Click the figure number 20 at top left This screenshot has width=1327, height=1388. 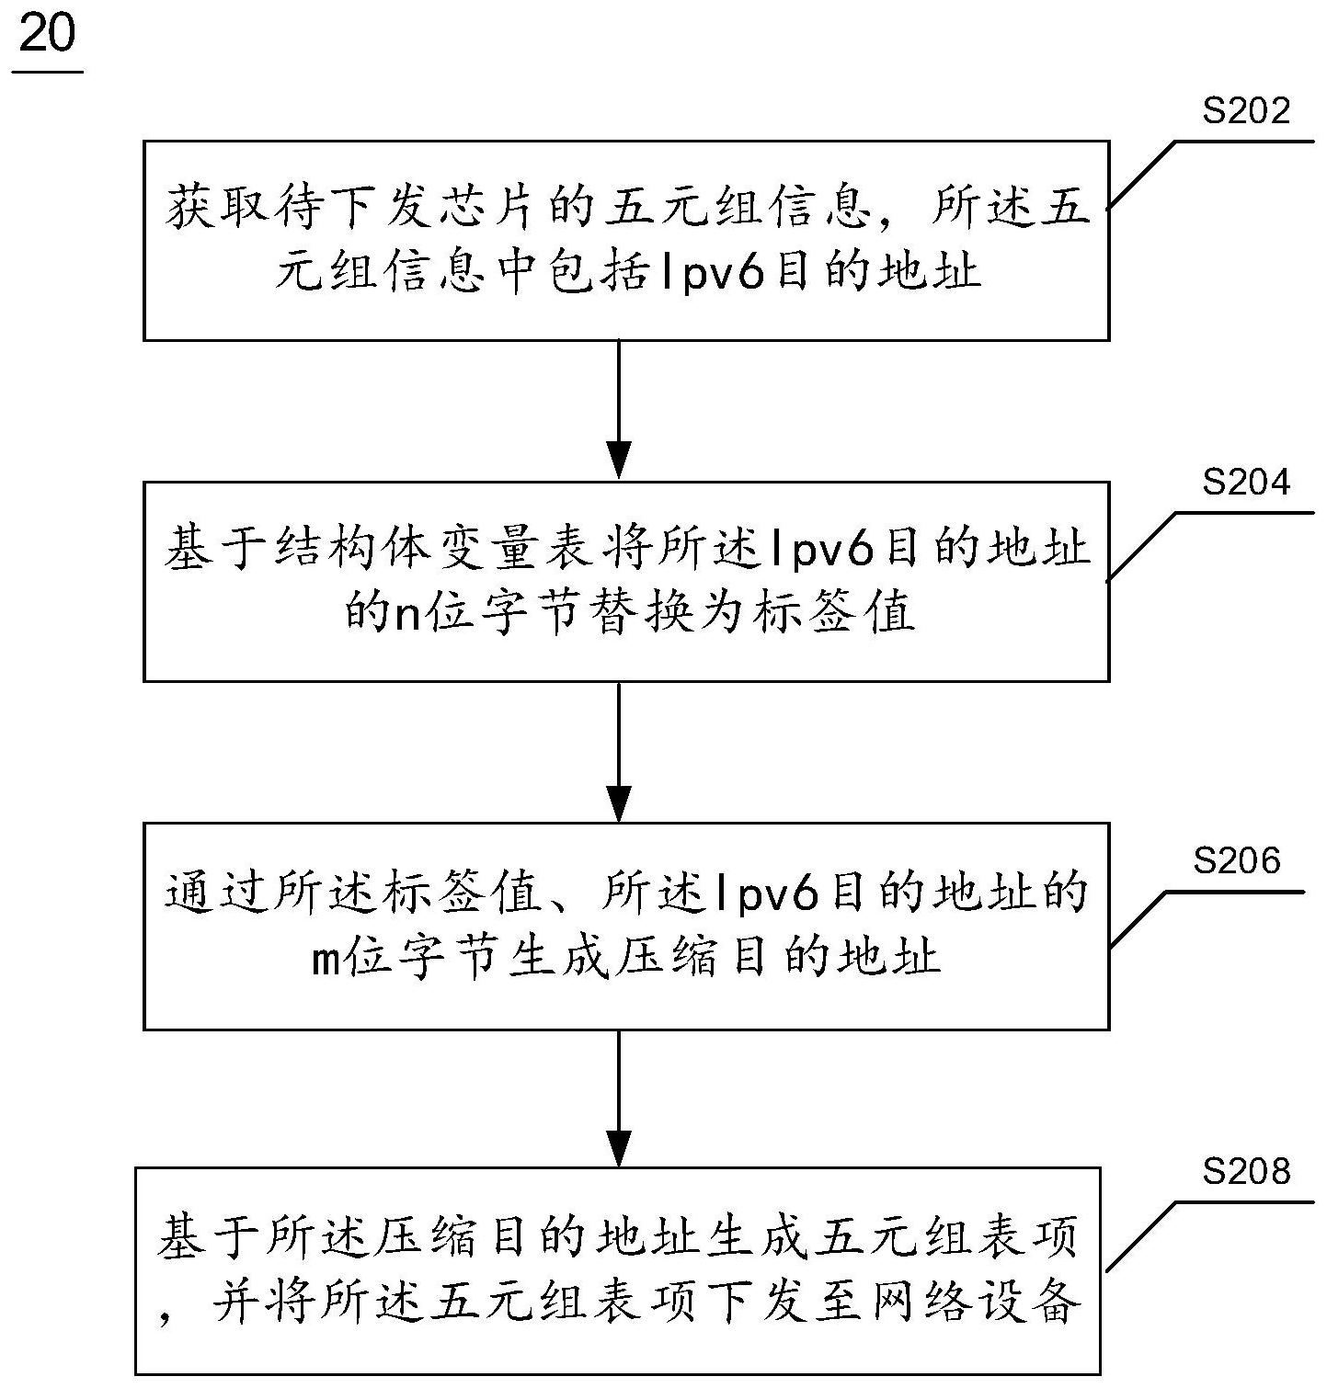(x=47, y=37)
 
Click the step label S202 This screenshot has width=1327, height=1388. (x=1246, y=112)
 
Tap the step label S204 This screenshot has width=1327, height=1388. (x=1246, y=482)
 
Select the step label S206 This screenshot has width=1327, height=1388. (x=1237, y=860)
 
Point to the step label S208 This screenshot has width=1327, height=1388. (x=1246, y=1171)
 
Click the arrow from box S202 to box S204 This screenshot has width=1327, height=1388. (x=621, y=410)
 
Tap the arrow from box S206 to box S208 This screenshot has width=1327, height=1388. (x=621, y=1098)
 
